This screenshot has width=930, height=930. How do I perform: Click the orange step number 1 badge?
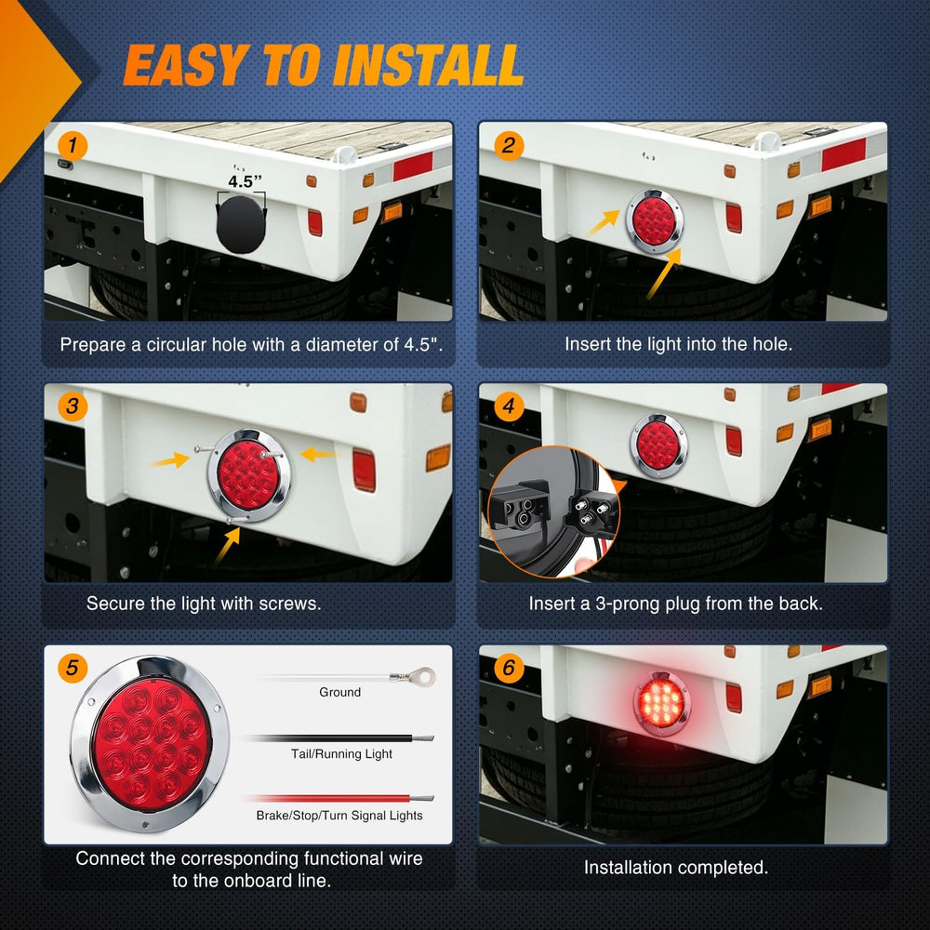coord(73,146)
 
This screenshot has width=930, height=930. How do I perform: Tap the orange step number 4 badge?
coord(509,406)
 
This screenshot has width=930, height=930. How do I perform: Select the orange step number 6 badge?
coord(509,669)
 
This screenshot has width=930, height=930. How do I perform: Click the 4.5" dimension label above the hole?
coord(245,181)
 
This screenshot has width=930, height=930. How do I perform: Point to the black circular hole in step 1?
coord(241,225)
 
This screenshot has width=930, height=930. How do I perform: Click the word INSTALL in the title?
coord(429,65)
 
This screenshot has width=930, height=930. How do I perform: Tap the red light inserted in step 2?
coord(654,221)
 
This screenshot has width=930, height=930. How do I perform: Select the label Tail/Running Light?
coord(341,754)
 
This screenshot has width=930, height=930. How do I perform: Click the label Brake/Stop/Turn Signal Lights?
coord(339,816)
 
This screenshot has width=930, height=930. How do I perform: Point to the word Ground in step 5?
coord(339,692)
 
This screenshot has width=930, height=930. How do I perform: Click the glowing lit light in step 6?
coord(662,703)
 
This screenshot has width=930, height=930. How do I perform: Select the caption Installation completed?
coord(676,868)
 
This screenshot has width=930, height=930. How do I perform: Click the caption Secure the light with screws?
coord(204,604)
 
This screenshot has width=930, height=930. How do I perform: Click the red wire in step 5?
coord(339,798)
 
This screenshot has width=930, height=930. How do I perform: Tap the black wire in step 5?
coord(339,738)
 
